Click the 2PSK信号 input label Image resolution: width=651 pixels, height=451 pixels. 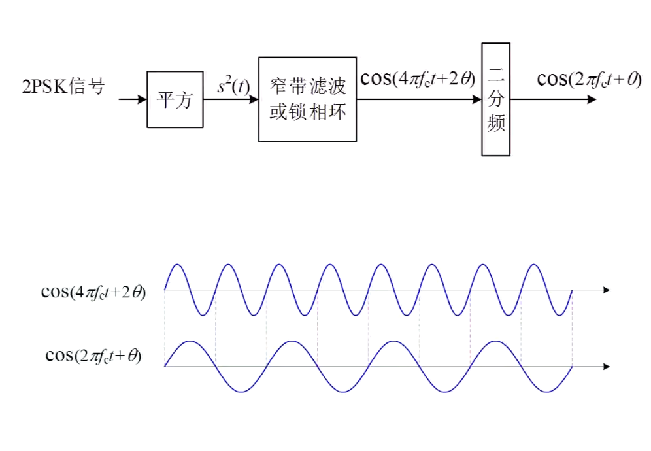pos(63,86)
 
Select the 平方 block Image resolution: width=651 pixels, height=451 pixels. pos(175,99)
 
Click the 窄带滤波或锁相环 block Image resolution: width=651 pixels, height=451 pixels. pos(307,99)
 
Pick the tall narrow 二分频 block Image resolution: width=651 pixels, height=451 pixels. pos(496,99)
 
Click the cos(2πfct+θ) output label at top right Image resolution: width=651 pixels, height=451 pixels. pos(589,78)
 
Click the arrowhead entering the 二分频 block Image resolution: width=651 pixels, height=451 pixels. pos(477,100)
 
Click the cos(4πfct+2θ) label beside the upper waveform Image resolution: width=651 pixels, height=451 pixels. pos(93,292)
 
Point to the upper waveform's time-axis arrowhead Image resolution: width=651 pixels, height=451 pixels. pos(607,290)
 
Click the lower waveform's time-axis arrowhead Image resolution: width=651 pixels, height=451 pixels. pos(607,367)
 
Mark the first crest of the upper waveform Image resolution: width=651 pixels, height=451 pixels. pos(177,265)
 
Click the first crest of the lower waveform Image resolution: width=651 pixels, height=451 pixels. pos(190,341)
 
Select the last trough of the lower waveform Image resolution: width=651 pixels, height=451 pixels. pos(546,392)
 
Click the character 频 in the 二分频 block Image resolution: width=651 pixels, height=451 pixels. pos(496,123)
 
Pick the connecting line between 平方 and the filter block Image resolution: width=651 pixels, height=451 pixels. pos(231,100)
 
